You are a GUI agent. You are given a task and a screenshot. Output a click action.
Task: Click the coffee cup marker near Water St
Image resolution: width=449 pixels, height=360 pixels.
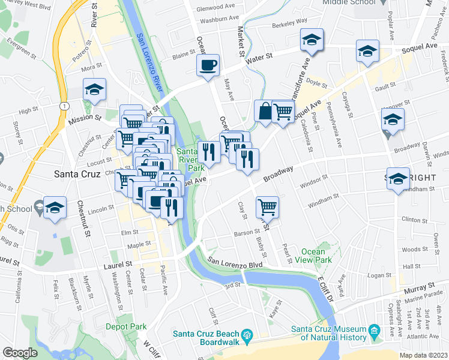208,65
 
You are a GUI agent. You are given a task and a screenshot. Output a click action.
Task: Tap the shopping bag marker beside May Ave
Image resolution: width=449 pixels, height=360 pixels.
265,110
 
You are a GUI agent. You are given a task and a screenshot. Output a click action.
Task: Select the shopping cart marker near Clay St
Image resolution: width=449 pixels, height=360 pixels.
267,207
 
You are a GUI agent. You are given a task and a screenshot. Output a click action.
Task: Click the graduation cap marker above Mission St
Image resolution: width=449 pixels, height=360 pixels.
94,89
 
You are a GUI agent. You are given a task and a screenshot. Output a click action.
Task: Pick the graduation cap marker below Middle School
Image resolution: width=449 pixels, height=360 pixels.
312,40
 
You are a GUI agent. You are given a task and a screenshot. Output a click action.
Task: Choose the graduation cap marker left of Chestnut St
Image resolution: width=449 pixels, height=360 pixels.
55,208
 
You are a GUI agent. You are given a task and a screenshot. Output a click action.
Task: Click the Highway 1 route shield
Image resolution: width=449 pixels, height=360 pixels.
63,106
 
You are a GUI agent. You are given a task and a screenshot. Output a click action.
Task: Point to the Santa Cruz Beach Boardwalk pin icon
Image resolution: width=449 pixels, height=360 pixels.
246,334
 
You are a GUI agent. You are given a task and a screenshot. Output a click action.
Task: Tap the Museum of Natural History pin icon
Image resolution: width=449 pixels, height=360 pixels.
375,329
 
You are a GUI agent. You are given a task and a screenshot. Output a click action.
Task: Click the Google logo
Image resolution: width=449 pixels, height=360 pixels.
20,353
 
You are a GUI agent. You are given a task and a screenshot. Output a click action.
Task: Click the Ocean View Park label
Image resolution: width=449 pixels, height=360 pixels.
316,256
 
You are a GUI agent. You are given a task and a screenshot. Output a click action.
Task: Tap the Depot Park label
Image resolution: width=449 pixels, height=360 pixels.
126,327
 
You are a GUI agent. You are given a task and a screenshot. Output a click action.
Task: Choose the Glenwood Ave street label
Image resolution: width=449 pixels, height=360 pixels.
216,7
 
